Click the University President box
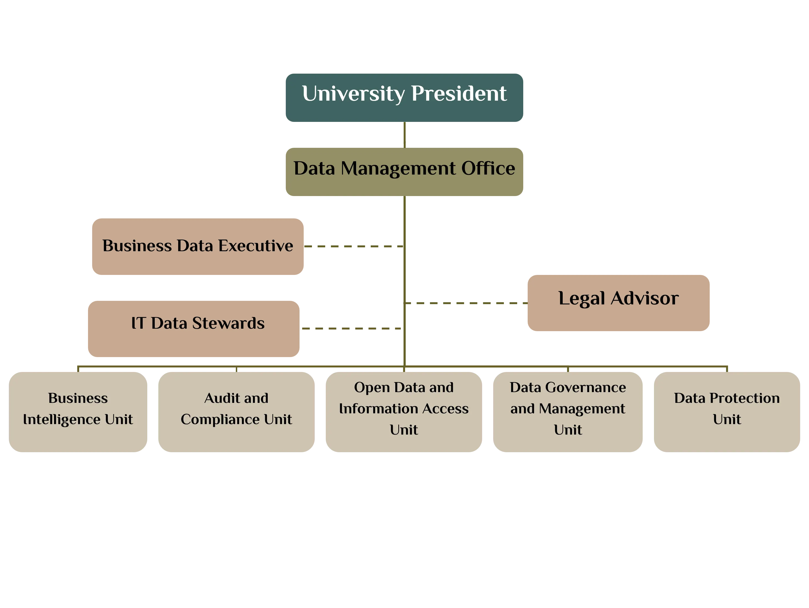click(404, 98)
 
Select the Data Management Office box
click(404, 172)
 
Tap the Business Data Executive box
click(197, 247)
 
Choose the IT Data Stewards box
click(193, 328)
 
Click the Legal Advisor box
click(618, 303)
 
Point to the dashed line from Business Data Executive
click(353, 247)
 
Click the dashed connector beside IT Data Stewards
click(351, 329)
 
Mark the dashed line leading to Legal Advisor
click(466, 303)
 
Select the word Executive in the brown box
click(256, 246)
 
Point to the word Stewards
click(228, 323)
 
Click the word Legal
click(581, 298)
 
